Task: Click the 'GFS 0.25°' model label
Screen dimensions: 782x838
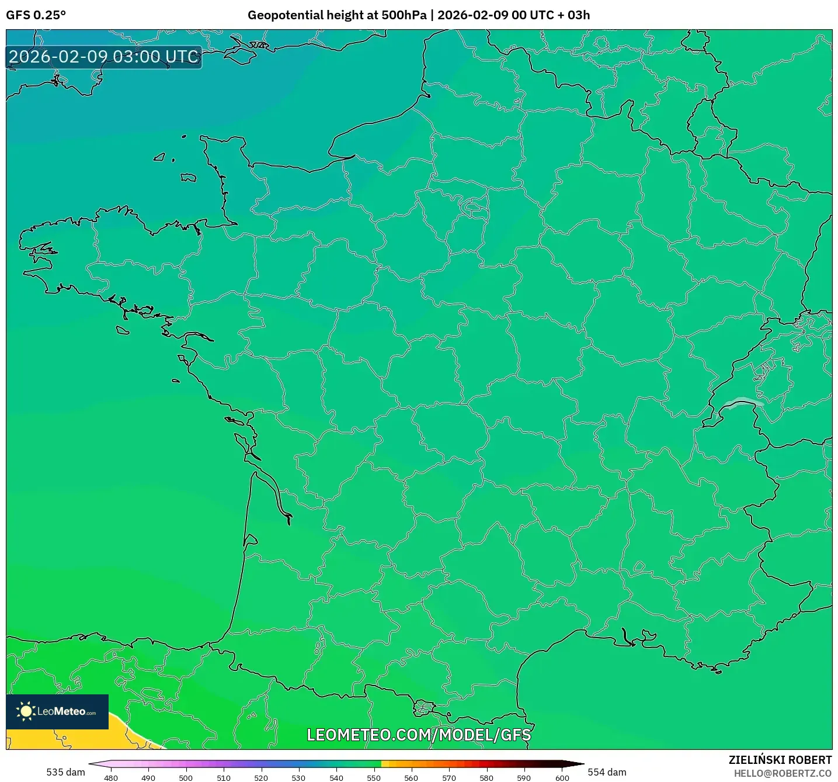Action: point(36,15)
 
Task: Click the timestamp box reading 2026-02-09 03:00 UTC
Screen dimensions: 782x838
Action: point(104,57)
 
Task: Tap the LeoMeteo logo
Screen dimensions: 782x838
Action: point(57,711)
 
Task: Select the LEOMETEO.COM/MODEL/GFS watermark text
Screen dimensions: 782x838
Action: point(419,735)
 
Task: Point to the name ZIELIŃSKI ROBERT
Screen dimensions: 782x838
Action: point(780,760)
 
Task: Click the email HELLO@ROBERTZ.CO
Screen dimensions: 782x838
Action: point(783,773)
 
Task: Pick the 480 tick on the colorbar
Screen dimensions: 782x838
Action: point(111,778)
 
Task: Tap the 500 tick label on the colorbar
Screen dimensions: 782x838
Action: point(186,778)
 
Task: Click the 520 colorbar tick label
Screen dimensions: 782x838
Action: point(261,778)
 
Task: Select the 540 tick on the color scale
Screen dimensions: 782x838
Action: point(336,778)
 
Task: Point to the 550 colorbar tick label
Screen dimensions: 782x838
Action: point(374,778)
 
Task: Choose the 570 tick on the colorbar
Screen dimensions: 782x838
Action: point(449,778)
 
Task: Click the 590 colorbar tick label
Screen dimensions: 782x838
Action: point(524,778)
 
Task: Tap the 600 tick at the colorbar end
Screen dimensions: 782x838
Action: point(562,778)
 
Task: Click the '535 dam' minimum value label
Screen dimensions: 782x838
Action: point(65,772)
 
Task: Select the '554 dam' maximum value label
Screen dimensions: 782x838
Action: point(607,772)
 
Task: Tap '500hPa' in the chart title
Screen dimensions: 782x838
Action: point(404,15)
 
